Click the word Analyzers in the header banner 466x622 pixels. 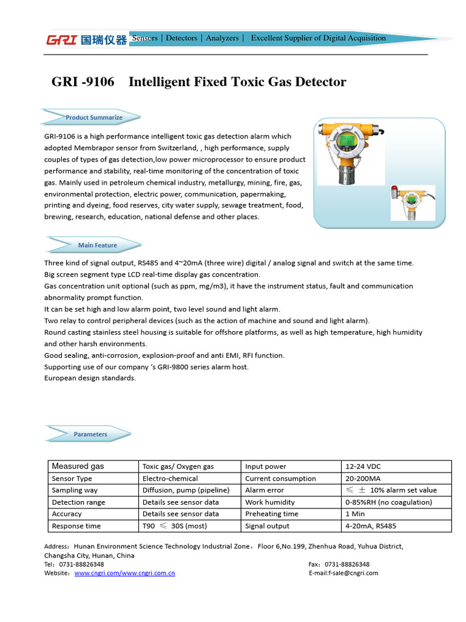(222, 38)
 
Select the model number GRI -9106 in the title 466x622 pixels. (83, 82)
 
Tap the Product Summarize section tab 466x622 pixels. (93, 117)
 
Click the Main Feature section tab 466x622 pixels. (97, 245)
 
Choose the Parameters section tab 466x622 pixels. (90, 434)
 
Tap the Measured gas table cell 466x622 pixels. (93, 466)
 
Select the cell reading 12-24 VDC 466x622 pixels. (396, 466)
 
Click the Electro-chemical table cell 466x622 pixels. (189, 479)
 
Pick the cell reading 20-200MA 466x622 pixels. (396, 479)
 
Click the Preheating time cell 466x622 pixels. (291, 514)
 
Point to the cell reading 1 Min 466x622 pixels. (396, 514)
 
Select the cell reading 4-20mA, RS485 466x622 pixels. (396, 526)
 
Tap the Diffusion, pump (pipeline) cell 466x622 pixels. (189, 490)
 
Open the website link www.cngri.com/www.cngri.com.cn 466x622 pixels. (124, 573)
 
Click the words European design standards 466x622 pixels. (90, 378)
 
